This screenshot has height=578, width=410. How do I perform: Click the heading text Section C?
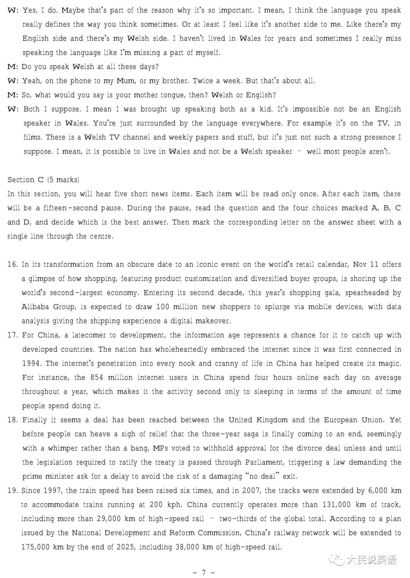click(x=25, y=180)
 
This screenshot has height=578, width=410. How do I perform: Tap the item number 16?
click(x=13, y=264)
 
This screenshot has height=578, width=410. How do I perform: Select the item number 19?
click(x=13, y=490)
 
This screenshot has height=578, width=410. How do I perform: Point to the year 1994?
click(x=31, y=363)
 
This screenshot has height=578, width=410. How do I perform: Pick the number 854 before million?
click(x=96, y=377)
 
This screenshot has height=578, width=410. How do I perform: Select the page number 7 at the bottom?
click(x=203, y=572)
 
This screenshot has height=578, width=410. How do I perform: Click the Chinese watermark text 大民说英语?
click(x=371, y=560)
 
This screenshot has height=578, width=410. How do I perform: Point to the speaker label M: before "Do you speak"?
click(x=13, y=67)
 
